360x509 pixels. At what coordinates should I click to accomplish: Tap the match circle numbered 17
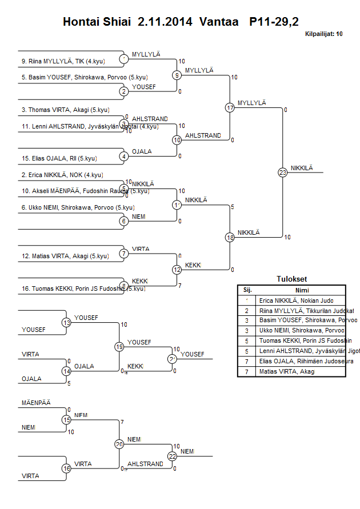230,107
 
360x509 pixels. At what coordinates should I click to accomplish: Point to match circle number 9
177,75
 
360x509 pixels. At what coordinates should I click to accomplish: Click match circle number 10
177,140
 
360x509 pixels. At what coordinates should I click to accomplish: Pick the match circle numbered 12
177,270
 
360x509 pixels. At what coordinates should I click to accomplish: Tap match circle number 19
119,347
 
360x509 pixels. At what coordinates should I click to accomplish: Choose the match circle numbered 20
119,444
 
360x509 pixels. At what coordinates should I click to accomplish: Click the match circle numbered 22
173,456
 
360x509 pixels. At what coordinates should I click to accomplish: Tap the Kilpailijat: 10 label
323,34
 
